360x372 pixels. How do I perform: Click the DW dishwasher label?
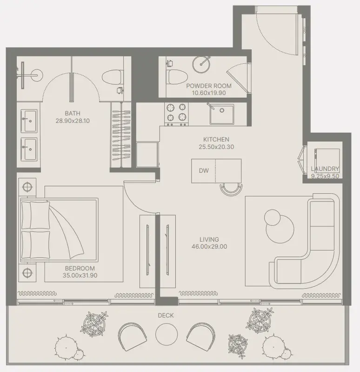coord(204,170)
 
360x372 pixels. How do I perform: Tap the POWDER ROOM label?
coord(209,86)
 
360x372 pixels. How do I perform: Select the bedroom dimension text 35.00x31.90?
coord(80,276)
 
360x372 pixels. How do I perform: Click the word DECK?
coord(166,315)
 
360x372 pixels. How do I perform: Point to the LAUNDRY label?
coord(325,169)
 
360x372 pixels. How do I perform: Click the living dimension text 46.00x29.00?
coord(209,246)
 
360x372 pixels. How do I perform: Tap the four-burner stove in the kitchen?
coord(176,114)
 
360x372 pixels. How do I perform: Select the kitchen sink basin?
coord(221,114)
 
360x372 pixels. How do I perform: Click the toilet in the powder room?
coord(177,76)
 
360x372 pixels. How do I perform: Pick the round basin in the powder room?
coord(201,64)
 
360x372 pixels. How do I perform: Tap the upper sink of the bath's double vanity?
coord(29,121)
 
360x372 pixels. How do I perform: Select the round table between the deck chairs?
coord(167,334)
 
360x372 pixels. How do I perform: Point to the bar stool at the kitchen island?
coord(232,189)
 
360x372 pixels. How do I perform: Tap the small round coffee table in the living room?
coord(272,217)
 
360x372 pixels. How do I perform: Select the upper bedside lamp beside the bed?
coord(27,187)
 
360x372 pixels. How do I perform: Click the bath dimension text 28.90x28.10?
coord(73,121)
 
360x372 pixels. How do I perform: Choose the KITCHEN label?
coord(216,139)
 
